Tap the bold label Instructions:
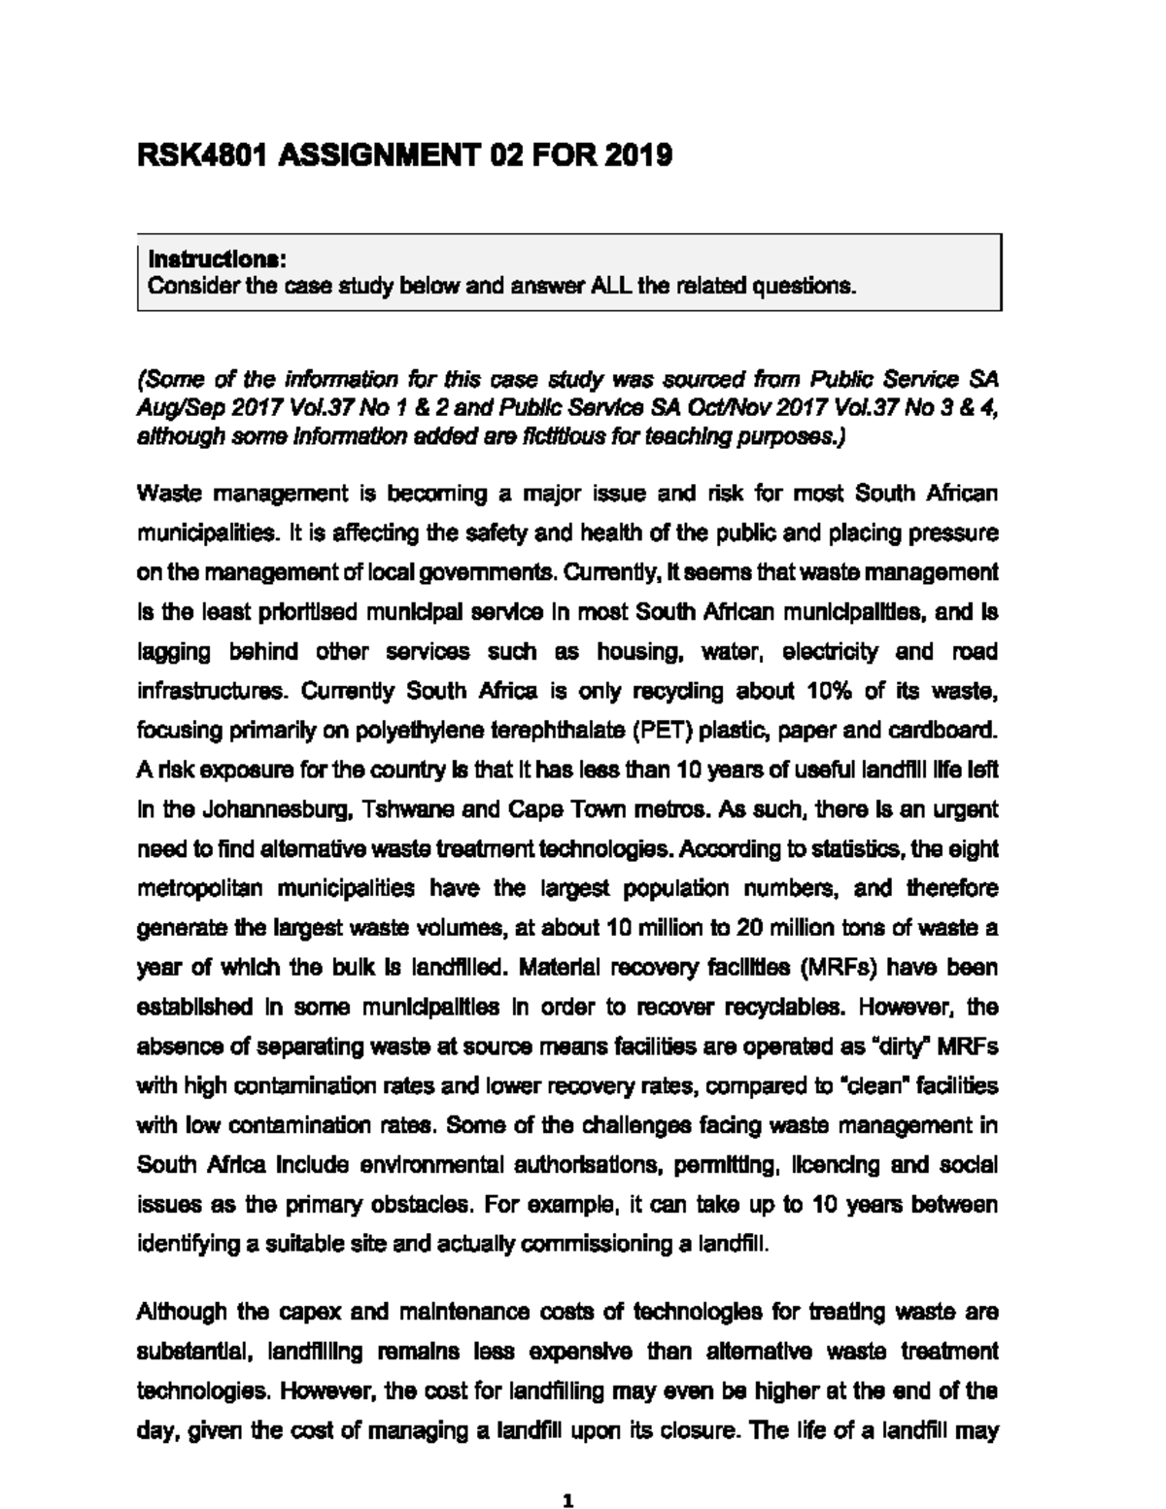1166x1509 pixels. [216, 259]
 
